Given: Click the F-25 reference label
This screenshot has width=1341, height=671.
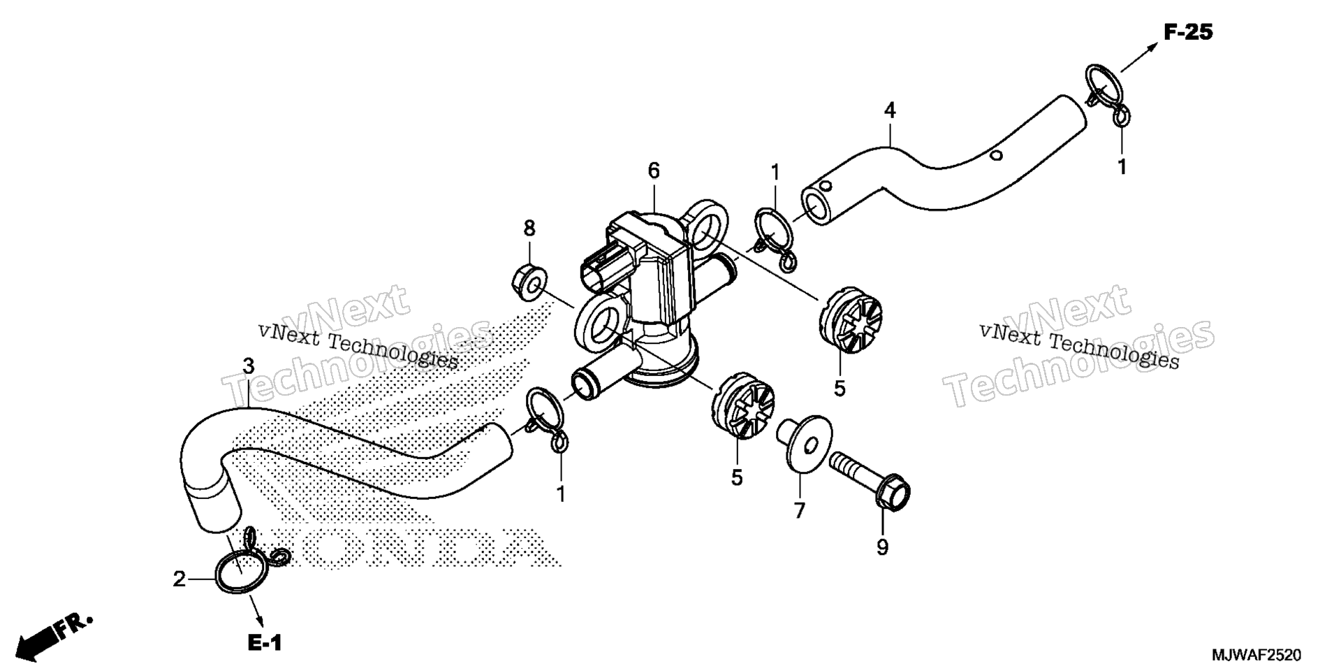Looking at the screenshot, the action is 1188,32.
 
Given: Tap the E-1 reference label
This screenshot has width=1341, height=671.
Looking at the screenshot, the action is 265,643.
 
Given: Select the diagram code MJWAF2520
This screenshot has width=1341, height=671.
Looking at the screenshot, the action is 1256,656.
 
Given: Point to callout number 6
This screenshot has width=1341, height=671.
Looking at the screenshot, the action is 654,171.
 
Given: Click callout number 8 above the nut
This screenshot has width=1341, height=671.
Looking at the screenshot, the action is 529,228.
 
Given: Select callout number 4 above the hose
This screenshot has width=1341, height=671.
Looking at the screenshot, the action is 890,110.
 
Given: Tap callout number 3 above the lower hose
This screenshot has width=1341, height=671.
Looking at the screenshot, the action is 249,366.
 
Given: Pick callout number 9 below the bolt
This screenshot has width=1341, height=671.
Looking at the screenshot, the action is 883,547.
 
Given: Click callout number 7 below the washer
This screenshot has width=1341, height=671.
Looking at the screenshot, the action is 800,511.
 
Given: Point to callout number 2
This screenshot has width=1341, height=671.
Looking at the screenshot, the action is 179,579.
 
